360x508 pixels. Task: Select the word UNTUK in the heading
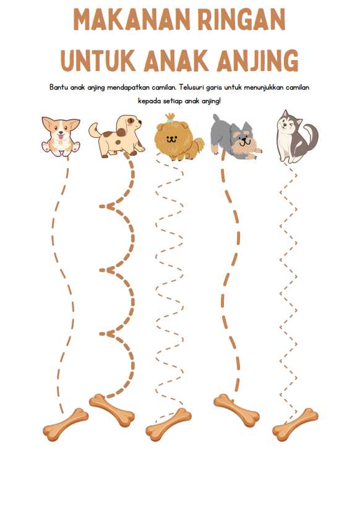(x=98, y=61)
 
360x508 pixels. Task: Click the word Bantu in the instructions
(x=58, y=87)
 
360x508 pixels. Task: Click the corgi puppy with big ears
(x=61, y=137)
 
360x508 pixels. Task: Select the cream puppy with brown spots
(x=117, y=136)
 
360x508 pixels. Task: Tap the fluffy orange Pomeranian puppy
(x=178, y=138)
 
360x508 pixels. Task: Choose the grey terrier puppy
(x=235, y=137)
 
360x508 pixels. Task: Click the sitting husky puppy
(x=297, y=137)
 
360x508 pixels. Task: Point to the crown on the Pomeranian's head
(x=170, y=117)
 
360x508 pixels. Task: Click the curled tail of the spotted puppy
(x=95, y=130)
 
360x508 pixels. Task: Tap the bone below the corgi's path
(x=66, y=425)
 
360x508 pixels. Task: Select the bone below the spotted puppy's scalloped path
(x=112, y=410)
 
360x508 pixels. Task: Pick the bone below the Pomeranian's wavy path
(x=168, y=425)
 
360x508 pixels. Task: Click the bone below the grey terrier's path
(x=236, y=410)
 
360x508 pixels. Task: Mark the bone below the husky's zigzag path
(x=295, y=425)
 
